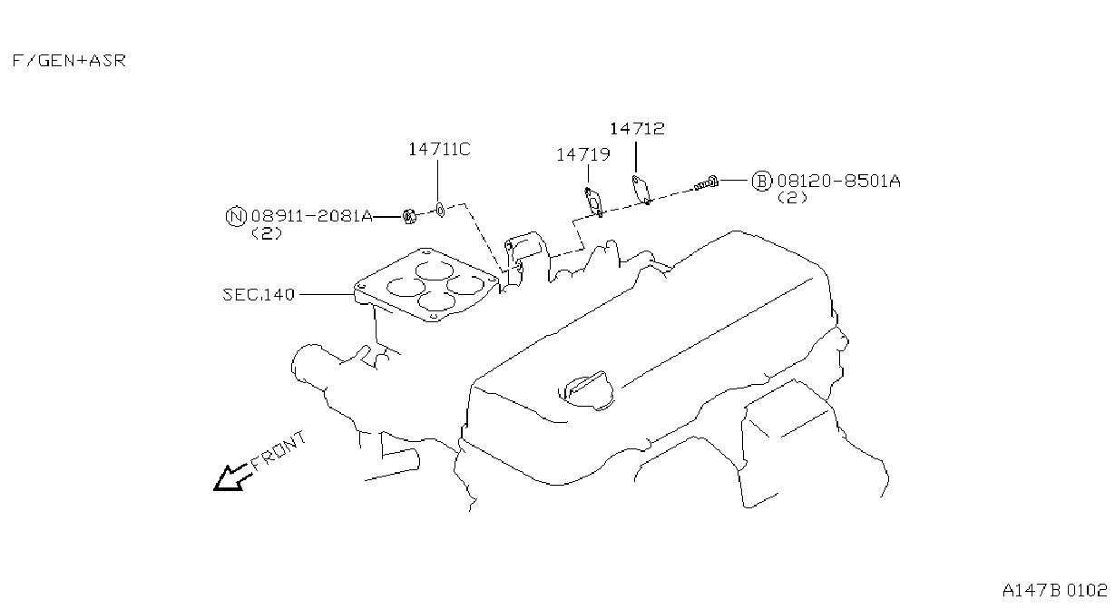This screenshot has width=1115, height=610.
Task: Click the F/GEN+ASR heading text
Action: (69, 61)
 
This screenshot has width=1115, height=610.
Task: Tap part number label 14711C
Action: (439, 150)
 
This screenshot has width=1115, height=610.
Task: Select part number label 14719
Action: (582, 155)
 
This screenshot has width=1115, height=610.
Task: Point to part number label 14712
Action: (637, 129)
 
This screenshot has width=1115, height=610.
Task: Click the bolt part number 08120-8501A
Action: (838, 181)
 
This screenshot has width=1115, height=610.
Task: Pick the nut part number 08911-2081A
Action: (311, 216)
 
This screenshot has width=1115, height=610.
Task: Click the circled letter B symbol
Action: (761, 181)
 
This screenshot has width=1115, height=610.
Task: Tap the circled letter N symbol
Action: (236, 217)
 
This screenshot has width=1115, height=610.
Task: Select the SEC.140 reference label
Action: (259, 295)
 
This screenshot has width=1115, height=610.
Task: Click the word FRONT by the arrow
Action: (278, 451)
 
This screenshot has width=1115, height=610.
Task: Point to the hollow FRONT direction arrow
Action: (231, 478)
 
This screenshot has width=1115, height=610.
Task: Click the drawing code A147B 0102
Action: (1054, 591)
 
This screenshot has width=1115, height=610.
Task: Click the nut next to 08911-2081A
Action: (409, 217)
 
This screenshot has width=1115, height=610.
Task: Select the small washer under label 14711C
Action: (440, 210)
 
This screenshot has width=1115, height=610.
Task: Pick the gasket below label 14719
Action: (593, 202)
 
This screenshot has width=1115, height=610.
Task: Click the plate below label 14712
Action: (641, 189)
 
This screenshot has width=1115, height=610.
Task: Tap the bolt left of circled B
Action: (707, 183)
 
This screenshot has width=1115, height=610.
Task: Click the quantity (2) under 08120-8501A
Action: (792, 198)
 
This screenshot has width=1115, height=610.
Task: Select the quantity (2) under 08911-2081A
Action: (267, 233)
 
